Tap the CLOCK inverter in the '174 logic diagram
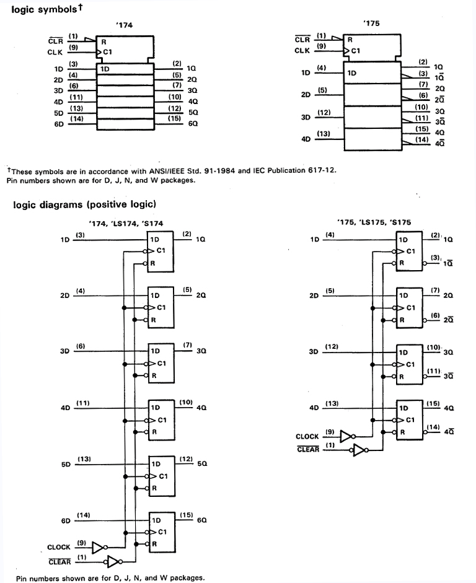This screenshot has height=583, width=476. point(99,547)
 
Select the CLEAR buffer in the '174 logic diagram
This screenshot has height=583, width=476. point(113,562)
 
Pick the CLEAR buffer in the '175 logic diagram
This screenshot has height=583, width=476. point(359,450)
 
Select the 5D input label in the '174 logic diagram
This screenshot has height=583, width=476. point(66,464)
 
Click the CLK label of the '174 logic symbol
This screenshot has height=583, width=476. point(55,53)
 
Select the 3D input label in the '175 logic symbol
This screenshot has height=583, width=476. point(305,117)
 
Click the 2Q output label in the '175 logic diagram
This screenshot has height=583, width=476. point(449,297)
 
